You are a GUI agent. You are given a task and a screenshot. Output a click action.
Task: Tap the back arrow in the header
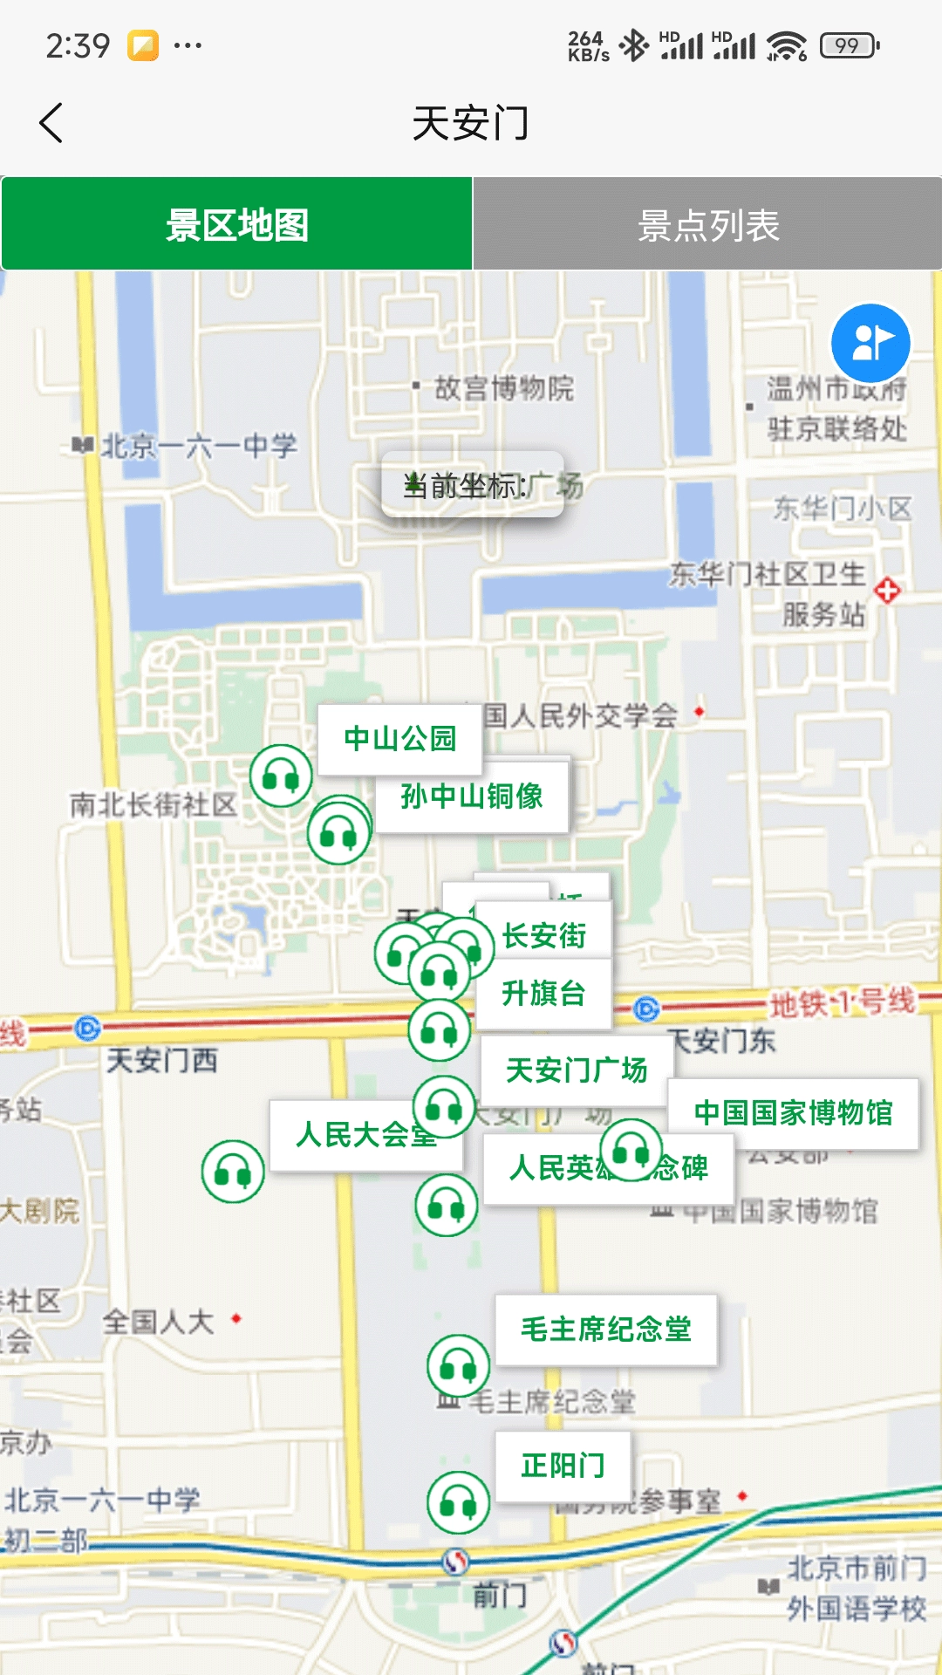51,123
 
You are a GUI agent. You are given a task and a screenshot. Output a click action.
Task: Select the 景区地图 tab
237,225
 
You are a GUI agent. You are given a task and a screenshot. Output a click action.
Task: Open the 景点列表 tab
707,225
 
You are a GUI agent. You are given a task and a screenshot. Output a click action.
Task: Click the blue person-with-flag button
870,343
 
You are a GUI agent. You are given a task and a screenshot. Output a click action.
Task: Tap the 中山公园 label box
399,739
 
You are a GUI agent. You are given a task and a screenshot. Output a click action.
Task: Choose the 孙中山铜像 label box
472,796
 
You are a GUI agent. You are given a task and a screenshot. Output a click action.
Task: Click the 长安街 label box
544,935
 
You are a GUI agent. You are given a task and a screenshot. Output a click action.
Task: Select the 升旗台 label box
543,994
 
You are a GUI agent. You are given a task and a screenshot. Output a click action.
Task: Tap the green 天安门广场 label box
577,1070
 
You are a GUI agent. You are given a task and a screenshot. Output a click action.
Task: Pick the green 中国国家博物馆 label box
793,1113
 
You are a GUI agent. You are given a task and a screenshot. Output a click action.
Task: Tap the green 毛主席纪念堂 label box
606,1330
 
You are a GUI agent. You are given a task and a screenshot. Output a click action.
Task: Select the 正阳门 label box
563,1466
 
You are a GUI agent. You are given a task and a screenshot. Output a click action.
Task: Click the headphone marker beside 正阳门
458,1502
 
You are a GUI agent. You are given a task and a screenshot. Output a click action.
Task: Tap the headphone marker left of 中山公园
281,776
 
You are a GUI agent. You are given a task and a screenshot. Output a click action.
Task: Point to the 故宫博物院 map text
504,388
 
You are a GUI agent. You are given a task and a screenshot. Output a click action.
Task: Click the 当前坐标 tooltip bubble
473,484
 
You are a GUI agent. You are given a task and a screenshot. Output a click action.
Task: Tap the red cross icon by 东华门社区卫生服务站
887,591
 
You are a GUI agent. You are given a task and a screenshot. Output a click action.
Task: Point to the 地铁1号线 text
842,1002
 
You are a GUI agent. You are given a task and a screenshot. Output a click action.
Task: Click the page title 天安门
471,123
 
